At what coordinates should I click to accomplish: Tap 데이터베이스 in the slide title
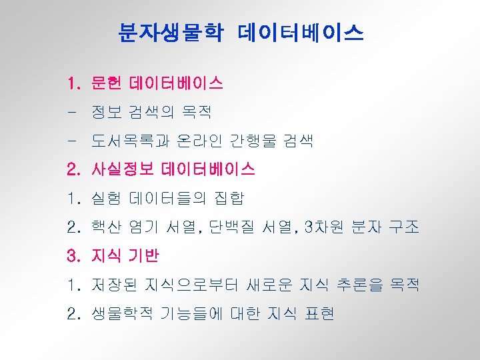click(300, 31)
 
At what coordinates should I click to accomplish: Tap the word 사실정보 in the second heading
click(123, 170)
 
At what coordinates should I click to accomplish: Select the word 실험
click(107, 199)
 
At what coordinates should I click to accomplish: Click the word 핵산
click(107, 227)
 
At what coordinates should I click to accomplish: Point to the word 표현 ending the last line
click(318, 313)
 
